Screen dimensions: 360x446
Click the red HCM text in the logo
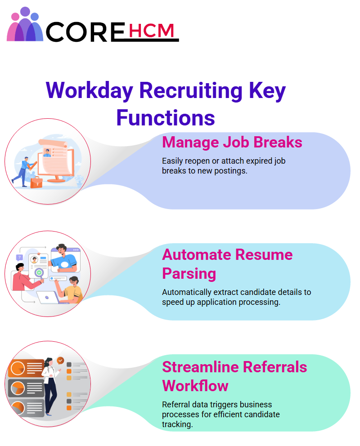pyautogui.click(x=151, y=31)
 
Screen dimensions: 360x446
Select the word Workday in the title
pyautogui.click(x=90, y=91)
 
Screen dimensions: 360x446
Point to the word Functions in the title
pyautogui.click(x=166, y=118)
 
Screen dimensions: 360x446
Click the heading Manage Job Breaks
pyautogui.click(x=232, y=142)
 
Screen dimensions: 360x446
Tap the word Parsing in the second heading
pyautogui.click(x=189, y=274)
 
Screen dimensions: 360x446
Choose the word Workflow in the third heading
pyautogui.click(x=195, y=386)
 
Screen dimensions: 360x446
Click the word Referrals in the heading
pyautogui.click(x=275, y=367)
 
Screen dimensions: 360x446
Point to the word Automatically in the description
pyautogui.click(x=187, y=292)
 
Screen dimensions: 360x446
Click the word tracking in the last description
pyautogui.click(x=177, y=424)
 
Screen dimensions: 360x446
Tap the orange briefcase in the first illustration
pyautogui.click(x=36, y=183)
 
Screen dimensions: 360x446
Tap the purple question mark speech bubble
pyautogui.click(x=19, y=258)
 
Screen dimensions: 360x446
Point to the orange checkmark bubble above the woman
pyautogui.click(x=60, y=361)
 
